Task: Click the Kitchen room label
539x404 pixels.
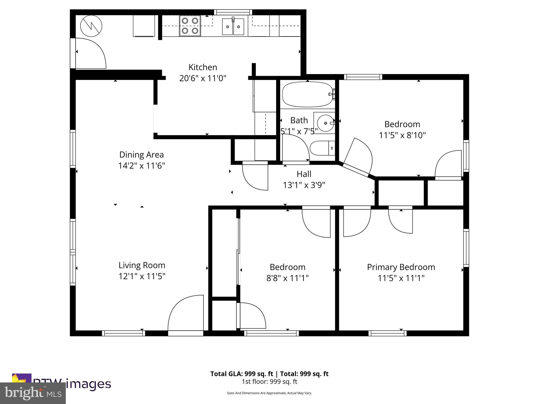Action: point(203,67)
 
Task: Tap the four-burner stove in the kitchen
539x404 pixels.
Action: point(190,26)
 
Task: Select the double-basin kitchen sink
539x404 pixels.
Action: point(233,27)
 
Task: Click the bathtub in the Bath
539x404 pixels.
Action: point(307,94)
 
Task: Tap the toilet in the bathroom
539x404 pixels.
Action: point(322,148)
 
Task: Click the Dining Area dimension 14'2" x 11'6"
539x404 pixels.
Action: point(141,166)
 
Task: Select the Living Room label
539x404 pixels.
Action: point(142,265)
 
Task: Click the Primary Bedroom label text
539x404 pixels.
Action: point(401,267)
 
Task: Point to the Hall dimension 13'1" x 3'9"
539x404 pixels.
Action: point(304,185)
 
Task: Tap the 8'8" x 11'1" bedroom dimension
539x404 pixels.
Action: point(287,278)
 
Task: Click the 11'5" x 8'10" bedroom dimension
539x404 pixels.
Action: point(402,135)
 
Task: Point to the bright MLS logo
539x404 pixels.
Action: point(33,393)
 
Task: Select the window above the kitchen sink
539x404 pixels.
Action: point(233,12)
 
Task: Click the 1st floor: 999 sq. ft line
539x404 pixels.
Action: point(269,382)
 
